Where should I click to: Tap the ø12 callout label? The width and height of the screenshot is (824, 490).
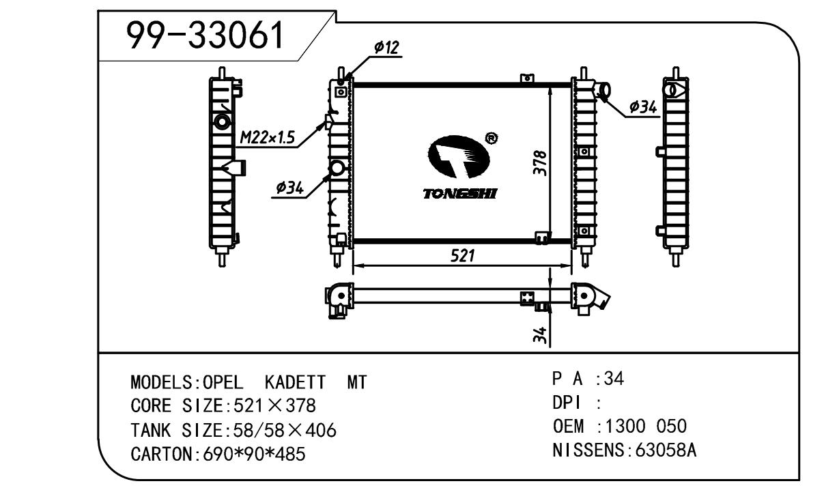386,47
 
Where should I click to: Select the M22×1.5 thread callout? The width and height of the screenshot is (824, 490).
267,139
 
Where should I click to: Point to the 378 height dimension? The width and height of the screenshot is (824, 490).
540,163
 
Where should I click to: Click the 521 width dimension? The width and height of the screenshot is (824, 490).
462,256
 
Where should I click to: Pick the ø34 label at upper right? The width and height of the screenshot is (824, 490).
642,106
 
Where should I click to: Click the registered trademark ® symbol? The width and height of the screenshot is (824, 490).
490,139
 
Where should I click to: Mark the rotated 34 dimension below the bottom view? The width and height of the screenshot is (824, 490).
539,334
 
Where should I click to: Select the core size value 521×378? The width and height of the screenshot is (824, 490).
274,406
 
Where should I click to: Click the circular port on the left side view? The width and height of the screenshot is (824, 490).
223,123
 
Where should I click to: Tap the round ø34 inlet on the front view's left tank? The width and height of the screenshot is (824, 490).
337,169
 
